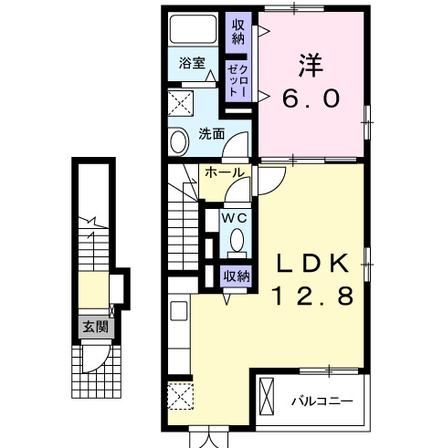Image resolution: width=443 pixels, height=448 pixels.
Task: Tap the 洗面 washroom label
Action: point(212,134)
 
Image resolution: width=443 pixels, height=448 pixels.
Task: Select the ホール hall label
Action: point(223,172)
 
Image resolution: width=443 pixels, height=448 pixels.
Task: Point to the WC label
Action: point(233,217)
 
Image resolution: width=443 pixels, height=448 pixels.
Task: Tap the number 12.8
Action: point(314,297)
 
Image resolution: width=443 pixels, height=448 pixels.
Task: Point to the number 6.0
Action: point(313,96)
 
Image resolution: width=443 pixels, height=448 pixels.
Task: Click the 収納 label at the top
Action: point(237,31)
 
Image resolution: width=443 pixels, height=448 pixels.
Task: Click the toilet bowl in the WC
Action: point(236,241)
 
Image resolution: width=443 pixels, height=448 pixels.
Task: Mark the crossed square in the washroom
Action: point(180,101)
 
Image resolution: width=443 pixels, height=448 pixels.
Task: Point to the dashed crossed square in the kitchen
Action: point(180,395)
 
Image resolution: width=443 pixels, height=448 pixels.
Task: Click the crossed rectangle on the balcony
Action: point(267,398)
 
